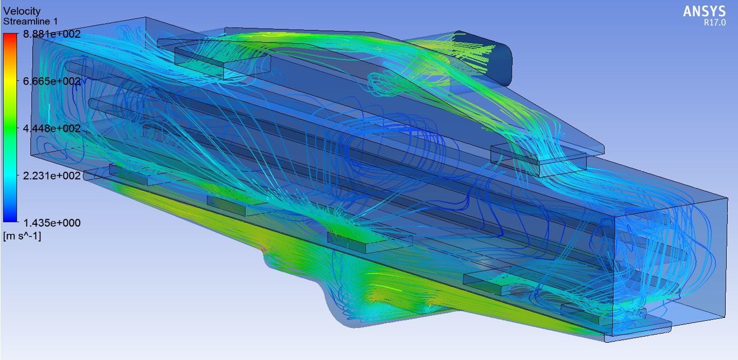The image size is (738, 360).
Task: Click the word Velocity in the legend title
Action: pos(22,11)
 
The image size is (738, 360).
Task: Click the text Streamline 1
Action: pos(30,22)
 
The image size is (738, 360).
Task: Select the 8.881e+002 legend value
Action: pos(52,34)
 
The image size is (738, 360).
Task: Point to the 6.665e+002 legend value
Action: pos(52,81)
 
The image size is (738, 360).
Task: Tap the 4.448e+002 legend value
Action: pos(52,128)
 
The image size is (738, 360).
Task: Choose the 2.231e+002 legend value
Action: pos(52,175)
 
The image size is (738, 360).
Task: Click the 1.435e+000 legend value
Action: pos(52,223)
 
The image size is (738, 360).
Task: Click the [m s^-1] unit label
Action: pos(22,236)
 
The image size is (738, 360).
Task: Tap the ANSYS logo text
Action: pos(704,11)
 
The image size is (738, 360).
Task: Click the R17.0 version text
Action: pos(715,23)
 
